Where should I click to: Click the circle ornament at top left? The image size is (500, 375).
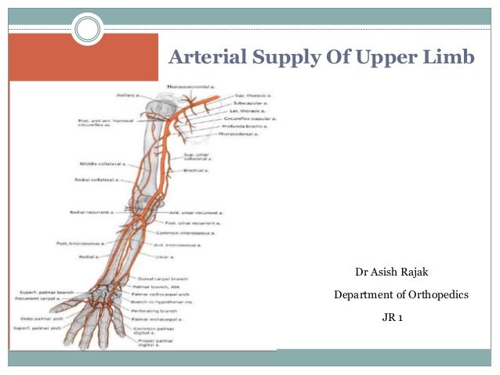88,30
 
